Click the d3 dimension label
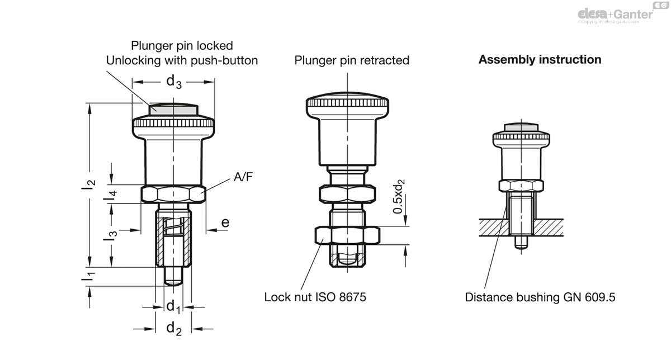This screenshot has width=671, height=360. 174,82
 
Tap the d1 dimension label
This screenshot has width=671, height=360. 173,306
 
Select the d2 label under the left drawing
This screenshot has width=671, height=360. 174,329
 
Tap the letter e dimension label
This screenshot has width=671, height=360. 225,222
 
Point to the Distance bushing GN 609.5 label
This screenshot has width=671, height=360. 540,297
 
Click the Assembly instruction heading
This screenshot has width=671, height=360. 540,59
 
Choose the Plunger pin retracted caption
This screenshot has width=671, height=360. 352,60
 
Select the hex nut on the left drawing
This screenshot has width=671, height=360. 173,195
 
